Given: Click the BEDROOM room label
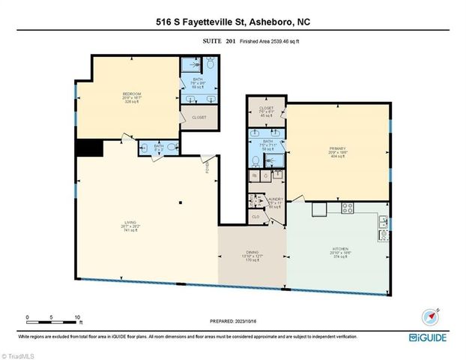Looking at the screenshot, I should (132, 94).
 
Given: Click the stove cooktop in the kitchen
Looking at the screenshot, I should (348, 208).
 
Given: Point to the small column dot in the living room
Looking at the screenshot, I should (180, 202).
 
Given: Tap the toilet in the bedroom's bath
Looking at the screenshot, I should (211, 66).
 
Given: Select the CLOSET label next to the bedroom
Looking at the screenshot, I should (199, 118).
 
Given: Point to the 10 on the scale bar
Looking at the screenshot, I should (77, 317).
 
